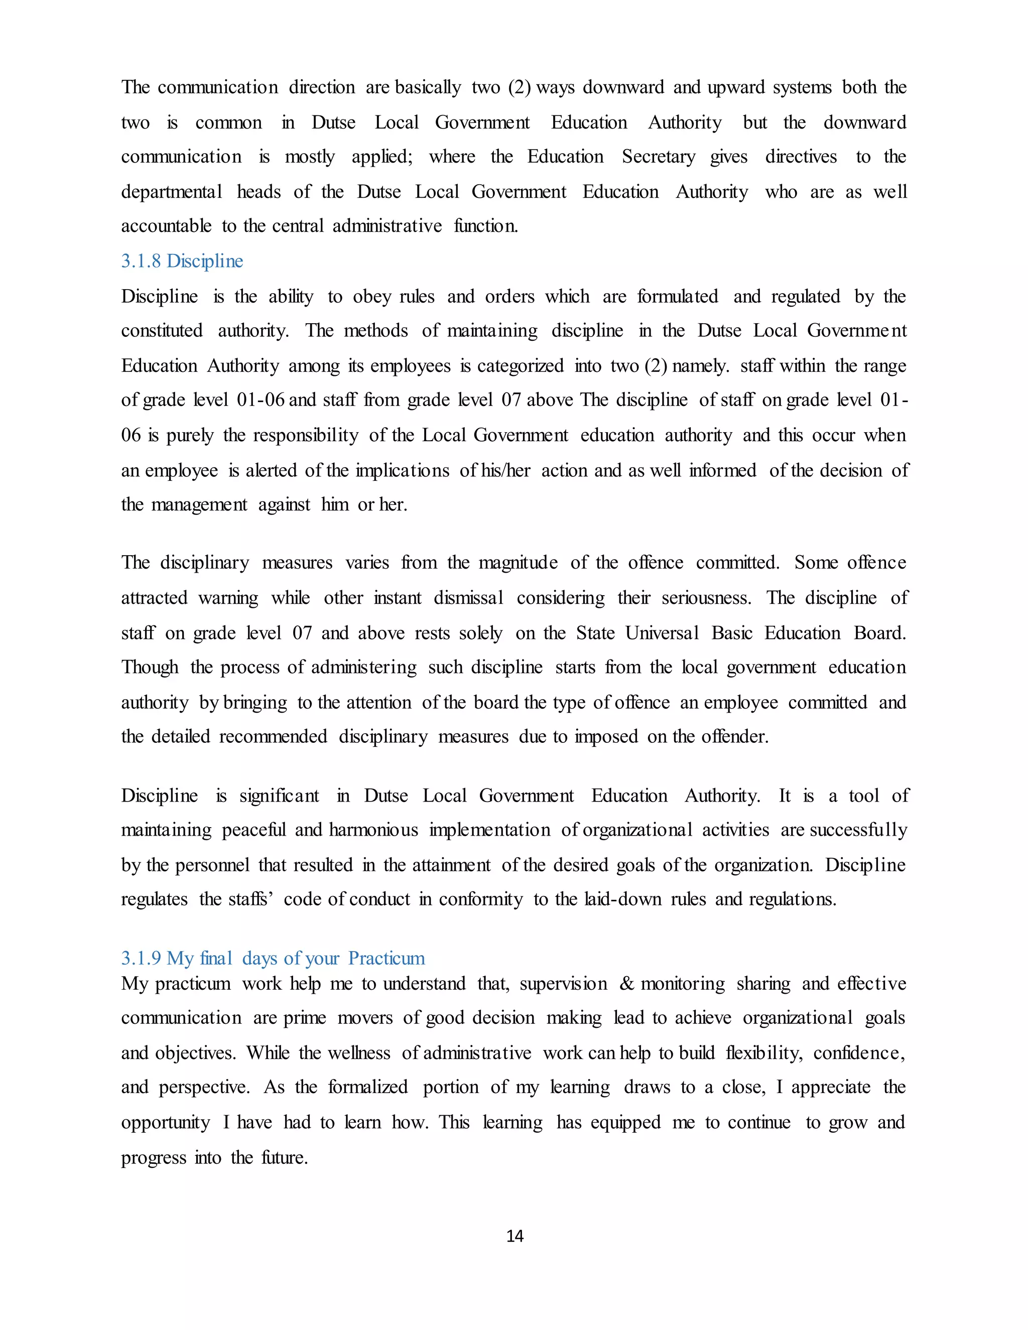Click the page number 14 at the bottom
tap(515, 1236)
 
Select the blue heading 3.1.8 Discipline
tap(182, 261)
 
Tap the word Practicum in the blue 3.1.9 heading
tap(386, 958)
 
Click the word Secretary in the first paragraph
tap(659, 157)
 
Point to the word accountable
tap(166, 226)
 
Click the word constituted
tap(162, 331)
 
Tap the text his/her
tap(505, 471)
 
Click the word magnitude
tap(518, 563)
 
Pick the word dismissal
tap(468, 598)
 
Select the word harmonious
tap(373, 830)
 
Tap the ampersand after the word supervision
tap(626, 984)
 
